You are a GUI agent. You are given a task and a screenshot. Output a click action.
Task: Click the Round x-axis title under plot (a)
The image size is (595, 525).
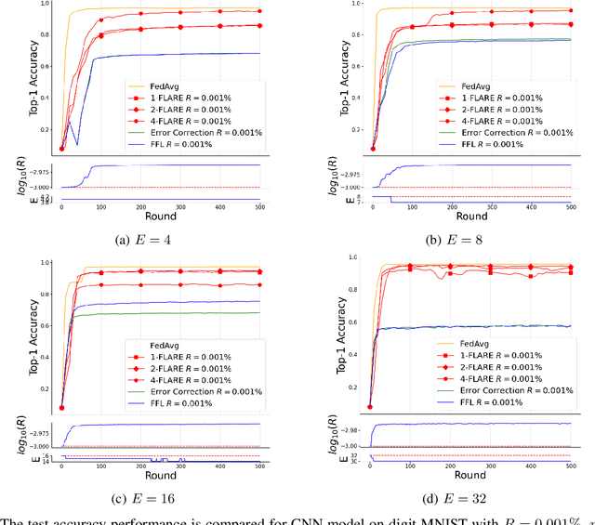[x=160, y=217]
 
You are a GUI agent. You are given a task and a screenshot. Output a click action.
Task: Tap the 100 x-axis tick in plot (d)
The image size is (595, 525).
[x=410, y=466]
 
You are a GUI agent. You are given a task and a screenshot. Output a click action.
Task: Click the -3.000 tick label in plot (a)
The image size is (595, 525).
[x=39, y=188]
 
